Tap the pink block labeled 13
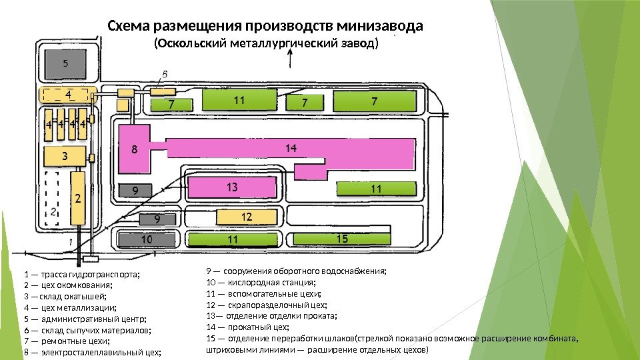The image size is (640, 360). tap(232, 187)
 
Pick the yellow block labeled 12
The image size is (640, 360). tap(246, 217)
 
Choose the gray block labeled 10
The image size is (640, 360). tap(147, 239)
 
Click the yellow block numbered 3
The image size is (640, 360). tap(65, 156)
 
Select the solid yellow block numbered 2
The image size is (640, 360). tap(78, 198)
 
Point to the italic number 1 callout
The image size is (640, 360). tap(71, 241)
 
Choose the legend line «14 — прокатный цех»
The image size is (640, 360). tap(247, 327)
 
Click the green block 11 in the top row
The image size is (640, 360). tap(239, 100)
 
